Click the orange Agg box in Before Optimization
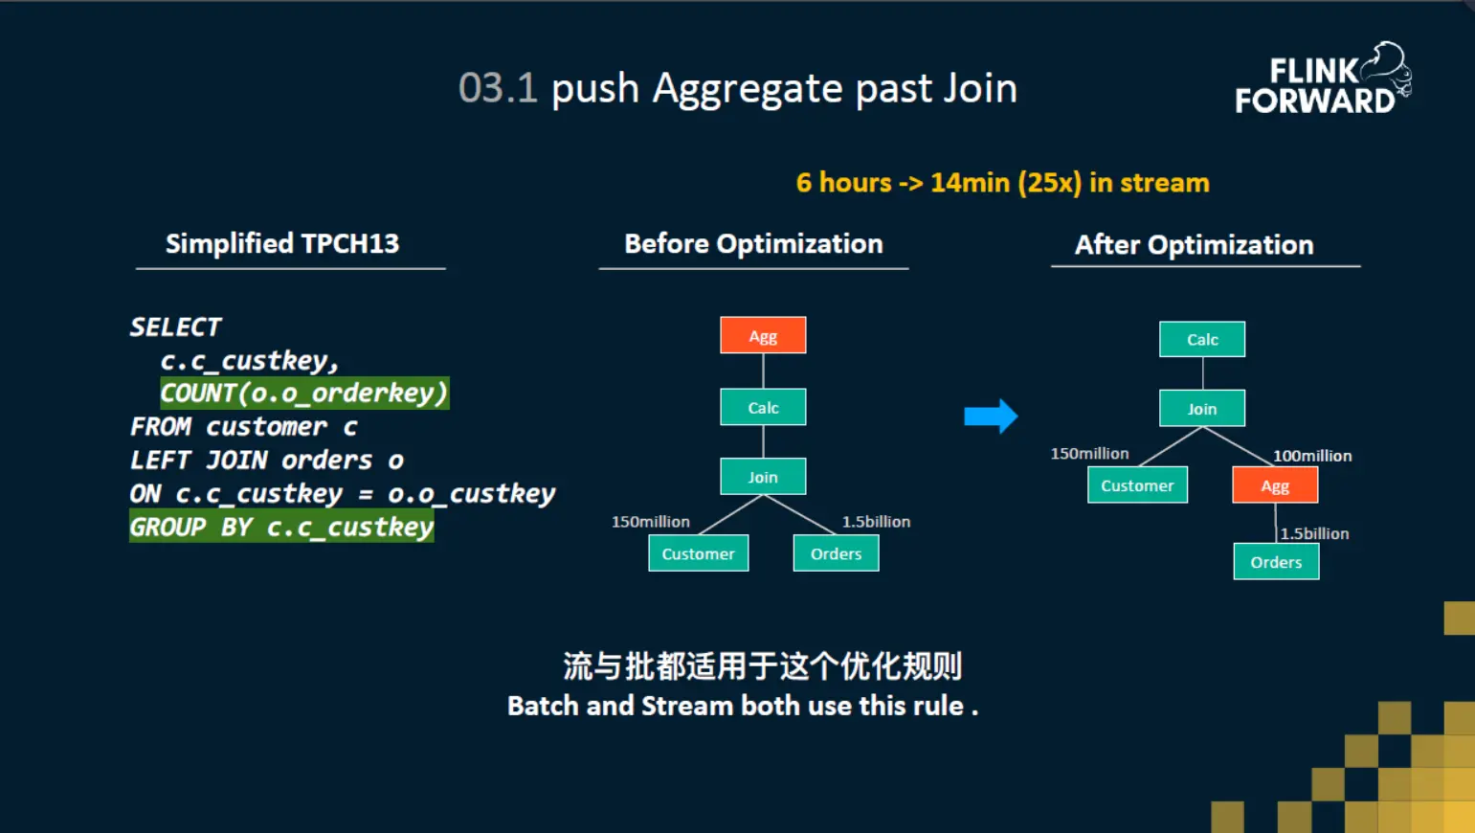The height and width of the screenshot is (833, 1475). pyautogui.click(x=763, y=335)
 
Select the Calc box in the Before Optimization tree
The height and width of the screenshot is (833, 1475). pyautogui.click(x=763, y=407)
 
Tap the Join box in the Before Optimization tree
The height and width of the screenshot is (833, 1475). pyautogui.click(x=763, y=477)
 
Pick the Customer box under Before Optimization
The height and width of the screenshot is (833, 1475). pyautogui.click(x=698, y=553)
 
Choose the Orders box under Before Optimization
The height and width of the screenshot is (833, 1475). pyautogui.click(x=836, y=553)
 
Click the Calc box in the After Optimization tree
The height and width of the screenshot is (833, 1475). pyautogui.click(x=1202, y=339)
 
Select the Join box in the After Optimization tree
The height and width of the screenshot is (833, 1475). pyautogui.click(x=1202, y=409)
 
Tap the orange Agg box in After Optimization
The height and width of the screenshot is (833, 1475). pyautogui.click(x=1275, y=485)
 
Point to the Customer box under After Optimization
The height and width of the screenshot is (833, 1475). pyautogui.click(x=1137, y=485)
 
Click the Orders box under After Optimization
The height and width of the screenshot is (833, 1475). pyautogui.click(x=1276, y=562)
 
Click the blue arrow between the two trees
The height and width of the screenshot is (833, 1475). pyautogui.click(x=991, y=416)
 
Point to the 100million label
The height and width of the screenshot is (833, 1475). pyautogui.click(x=1312, y=456)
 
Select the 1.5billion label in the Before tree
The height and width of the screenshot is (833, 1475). pyautogui.click(x=876, y=522)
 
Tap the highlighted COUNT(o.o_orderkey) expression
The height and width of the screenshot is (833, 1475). pyautogui.click(x=304, y=394)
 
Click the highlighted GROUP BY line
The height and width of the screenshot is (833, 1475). pyautogui.click(x=281, y=527)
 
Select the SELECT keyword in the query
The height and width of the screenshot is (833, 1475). pyautogui.click(x=175, y=327)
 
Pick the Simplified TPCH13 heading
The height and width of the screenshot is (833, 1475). pyautogui.click(x=282, y=243)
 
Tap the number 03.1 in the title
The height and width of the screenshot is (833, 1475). pyautogui.click(x=497, y=88)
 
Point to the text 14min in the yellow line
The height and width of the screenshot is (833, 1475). pyautogui.click(x=970, y=183)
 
